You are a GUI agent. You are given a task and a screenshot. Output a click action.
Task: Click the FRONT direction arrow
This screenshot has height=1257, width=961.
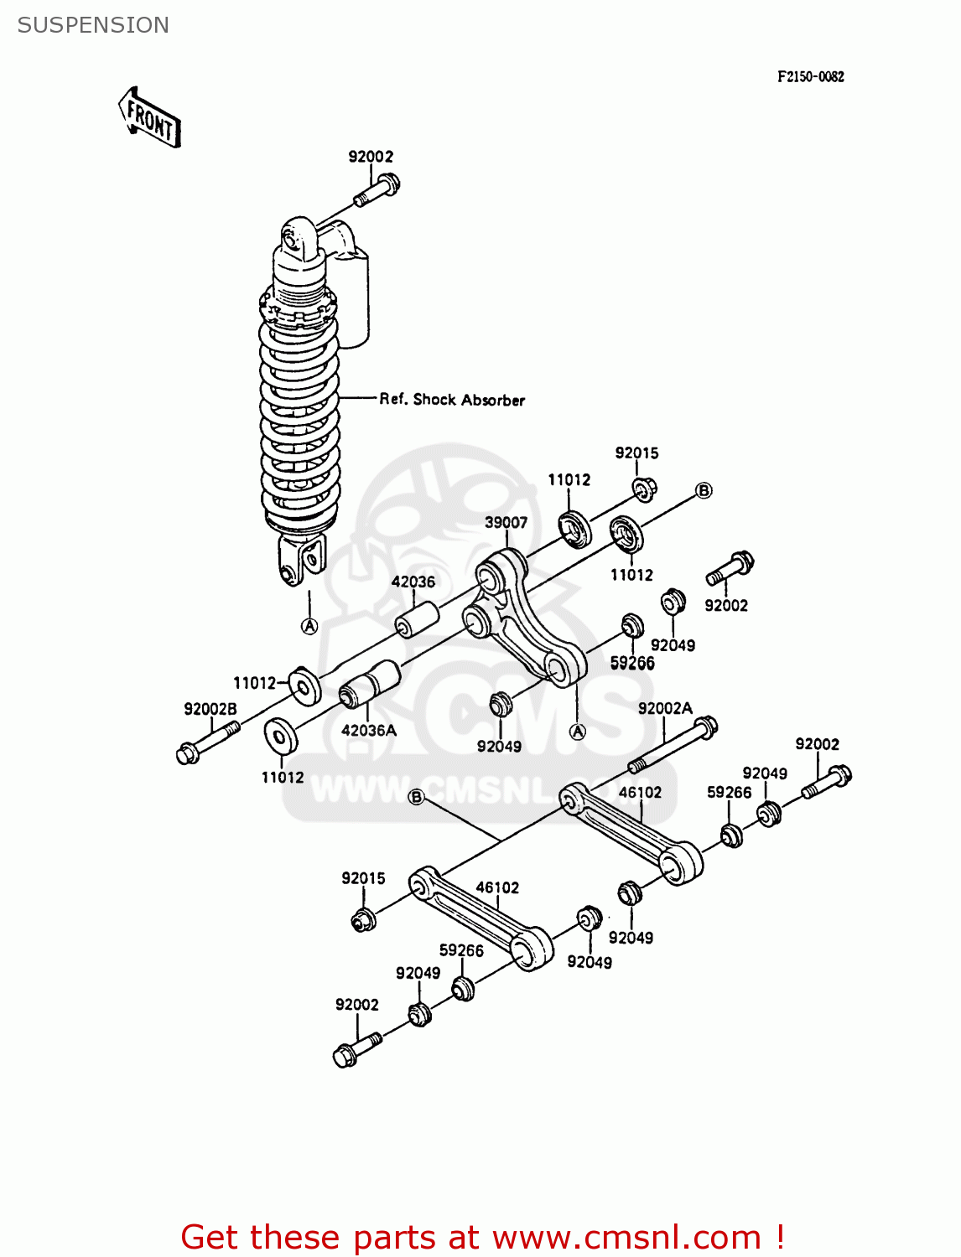(150, 118)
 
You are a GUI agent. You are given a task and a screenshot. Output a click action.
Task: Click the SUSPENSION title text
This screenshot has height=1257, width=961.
(93, 25)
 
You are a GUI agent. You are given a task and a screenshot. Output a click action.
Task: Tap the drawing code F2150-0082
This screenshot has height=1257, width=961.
(810, 76)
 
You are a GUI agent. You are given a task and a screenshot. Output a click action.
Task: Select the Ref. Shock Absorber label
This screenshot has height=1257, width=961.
(452, 400)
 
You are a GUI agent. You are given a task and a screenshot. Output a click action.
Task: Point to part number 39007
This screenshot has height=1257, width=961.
(506, 522)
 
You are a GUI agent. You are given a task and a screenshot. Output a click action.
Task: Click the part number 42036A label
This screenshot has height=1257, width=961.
(369, 730)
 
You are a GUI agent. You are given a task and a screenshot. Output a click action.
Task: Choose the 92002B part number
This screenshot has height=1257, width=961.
(210, 709)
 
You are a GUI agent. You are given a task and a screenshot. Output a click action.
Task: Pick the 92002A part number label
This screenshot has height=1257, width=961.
(665, 708)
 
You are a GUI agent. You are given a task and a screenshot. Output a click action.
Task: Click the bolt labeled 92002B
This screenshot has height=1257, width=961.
(206, 742)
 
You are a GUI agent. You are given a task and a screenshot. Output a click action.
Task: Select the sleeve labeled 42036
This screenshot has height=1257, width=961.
(417, 619)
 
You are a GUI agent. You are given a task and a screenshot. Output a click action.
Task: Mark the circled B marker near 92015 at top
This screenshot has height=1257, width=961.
(704, 490)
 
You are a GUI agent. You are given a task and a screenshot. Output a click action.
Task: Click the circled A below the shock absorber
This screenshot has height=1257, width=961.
(309, 626)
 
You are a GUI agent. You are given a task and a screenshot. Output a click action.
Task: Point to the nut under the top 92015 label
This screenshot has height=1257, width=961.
(643, 488)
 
